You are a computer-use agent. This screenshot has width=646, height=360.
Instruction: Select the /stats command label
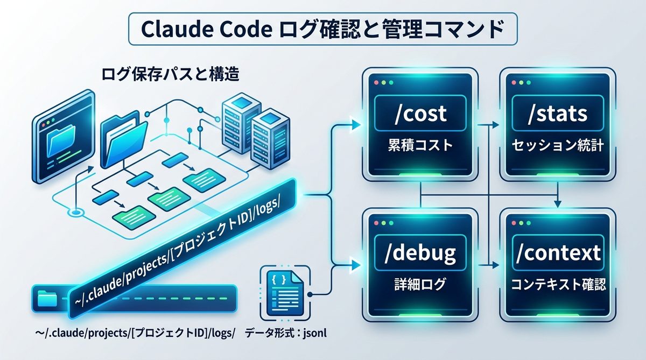pos(557,114)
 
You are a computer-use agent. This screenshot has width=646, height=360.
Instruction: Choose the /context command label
pos(557,251)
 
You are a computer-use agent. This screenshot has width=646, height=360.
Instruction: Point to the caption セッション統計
pos(557,146)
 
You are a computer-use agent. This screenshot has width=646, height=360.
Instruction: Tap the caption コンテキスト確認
pos(557,284)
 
